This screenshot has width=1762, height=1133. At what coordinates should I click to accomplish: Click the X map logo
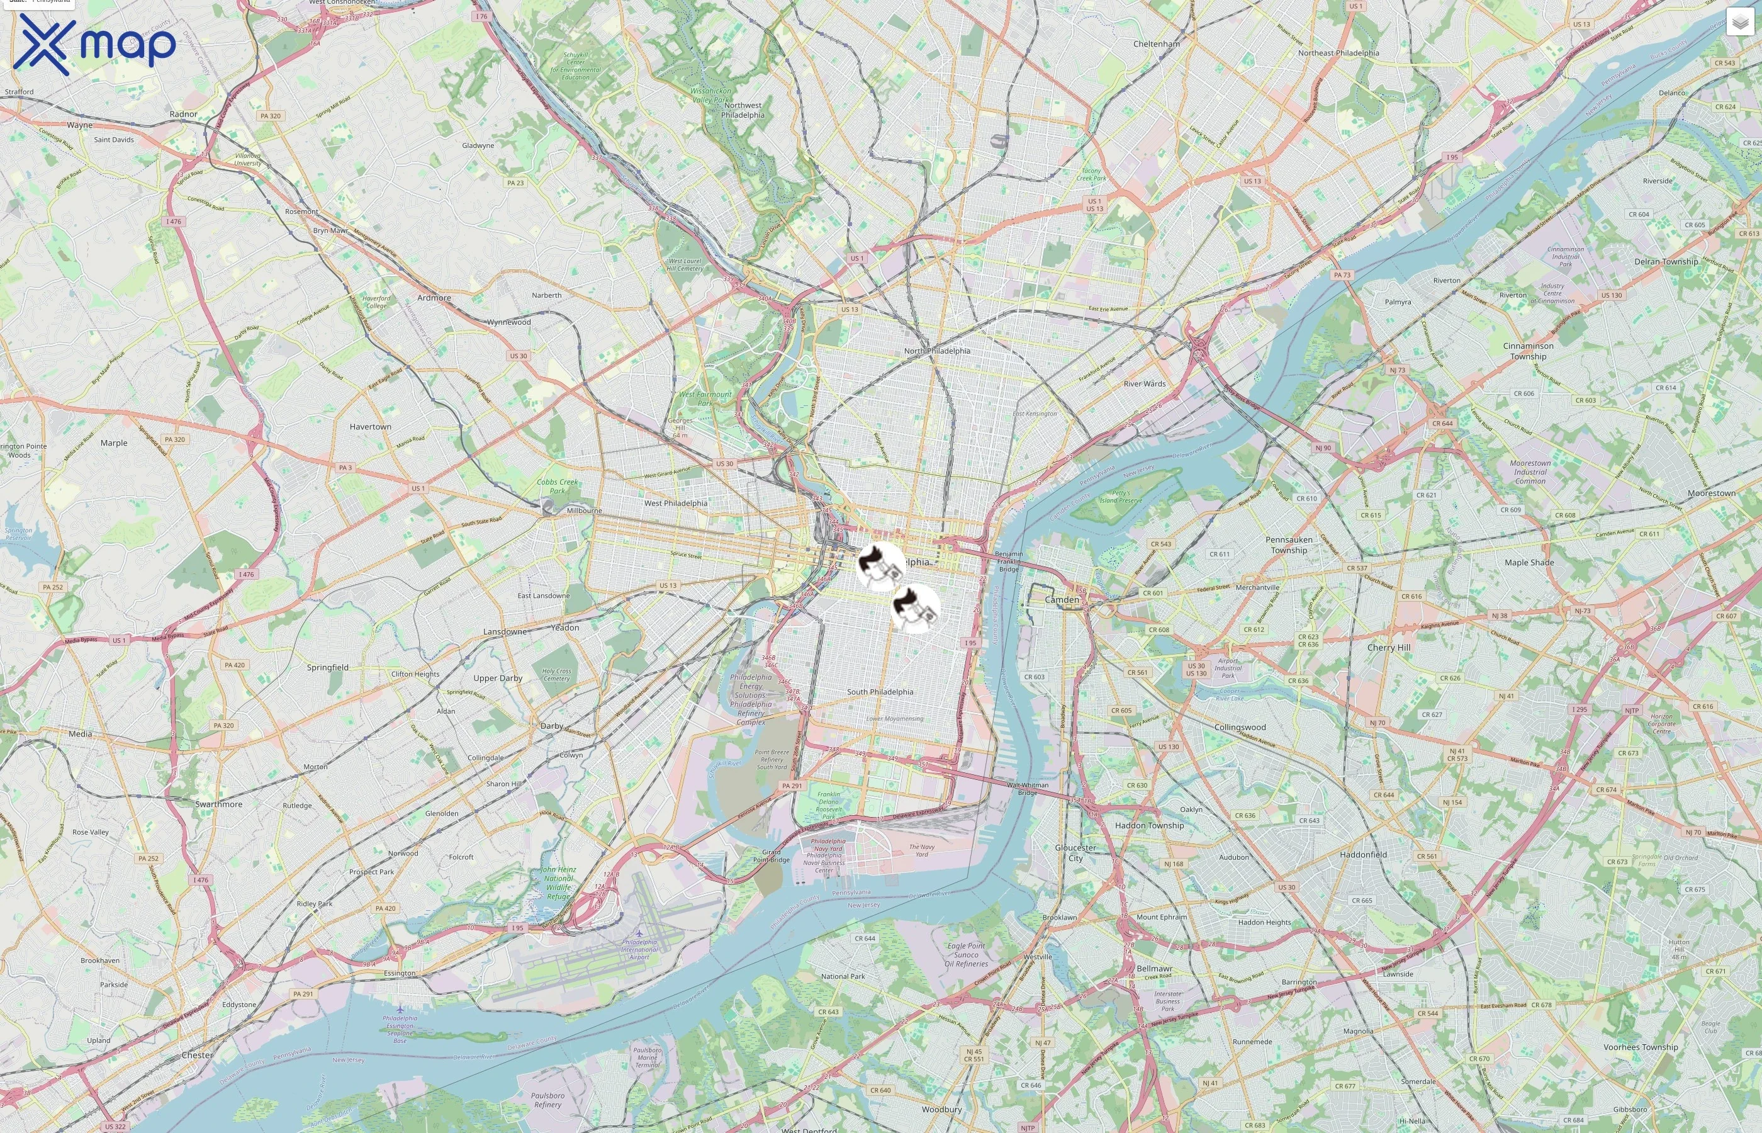(94, 44)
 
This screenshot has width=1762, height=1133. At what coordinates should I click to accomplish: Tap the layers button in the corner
(1739, 23)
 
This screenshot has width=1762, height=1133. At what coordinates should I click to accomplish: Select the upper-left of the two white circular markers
(880, 566)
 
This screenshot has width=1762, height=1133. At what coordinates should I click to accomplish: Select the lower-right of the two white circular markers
(915, 609)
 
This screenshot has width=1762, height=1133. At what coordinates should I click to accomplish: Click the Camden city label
(1062, 600)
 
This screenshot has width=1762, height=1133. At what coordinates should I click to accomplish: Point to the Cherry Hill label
(1388, 648)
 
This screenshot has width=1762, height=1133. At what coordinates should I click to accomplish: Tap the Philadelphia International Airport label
(639, 949)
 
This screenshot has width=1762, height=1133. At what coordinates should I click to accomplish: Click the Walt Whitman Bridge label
(1028, 789)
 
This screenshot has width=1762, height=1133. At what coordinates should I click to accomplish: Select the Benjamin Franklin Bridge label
(1008, 561)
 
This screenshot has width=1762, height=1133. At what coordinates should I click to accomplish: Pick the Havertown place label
(370, 427)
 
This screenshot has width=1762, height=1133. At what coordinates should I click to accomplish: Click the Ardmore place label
(434, 298)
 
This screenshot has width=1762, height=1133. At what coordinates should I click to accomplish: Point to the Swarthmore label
(218, 804)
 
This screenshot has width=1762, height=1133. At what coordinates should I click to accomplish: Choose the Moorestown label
(1711, 493)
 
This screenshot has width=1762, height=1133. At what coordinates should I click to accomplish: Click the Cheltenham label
(1156, 44)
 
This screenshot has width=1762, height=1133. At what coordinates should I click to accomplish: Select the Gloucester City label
(1075, 853)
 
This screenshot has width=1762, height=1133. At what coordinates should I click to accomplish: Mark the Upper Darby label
(497, 679)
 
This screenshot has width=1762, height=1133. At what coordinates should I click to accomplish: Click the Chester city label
(197, 1055)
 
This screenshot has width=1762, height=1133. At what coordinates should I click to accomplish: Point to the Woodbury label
(941, 1110)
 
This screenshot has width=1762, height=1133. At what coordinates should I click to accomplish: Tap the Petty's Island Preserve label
(1121, 497)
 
